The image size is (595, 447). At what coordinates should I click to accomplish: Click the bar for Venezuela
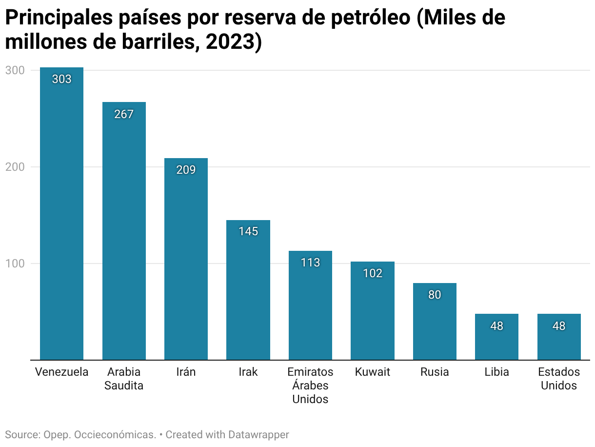click(61, 215)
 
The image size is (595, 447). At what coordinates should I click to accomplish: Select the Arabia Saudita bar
click(124, 232)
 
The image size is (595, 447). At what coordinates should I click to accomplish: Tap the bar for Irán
click(186, 259)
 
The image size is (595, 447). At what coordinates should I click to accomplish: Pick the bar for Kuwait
click(373, 312)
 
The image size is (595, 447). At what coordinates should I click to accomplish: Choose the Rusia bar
click(435, 322)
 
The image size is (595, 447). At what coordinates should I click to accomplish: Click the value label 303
click(62, 79)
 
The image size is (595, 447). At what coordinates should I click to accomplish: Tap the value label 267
click(124, 114)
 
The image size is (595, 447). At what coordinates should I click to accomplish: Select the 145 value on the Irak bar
click(248, 231)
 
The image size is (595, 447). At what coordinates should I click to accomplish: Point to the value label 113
click(310, 263)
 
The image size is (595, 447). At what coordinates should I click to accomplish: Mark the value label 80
click(435, 295)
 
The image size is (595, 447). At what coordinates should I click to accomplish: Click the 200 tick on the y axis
click(15, 167)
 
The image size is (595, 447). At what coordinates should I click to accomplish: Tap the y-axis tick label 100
click(15, 264)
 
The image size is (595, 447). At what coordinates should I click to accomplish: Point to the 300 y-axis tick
click(15, 70)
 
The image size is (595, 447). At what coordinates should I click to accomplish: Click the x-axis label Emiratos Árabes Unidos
click(310, 386)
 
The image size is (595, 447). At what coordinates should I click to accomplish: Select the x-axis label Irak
click(248, 372)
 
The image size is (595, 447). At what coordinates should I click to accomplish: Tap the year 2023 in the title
click(227, 42)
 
